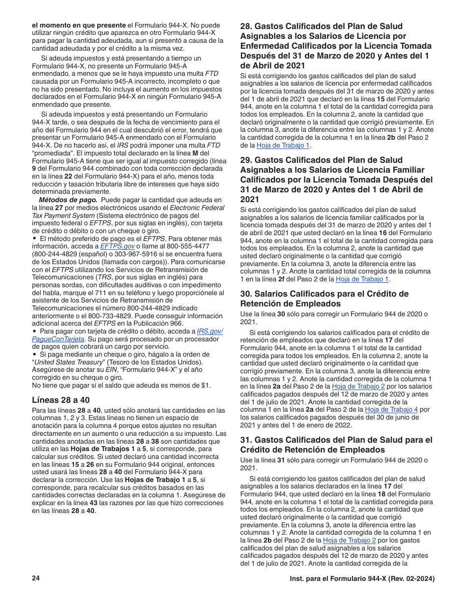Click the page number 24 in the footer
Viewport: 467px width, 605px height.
click(x=35, y=579)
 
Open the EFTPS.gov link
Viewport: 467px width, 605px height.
click(x=117, y=246)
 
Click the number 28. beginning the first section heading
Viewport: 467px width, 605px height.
click(x=246, y=27)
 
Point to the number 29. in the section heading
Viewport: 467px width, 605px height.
click(x=246, y=160)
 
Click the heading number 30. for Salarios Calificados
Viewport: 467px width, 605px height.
click(x=246, y=294)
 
